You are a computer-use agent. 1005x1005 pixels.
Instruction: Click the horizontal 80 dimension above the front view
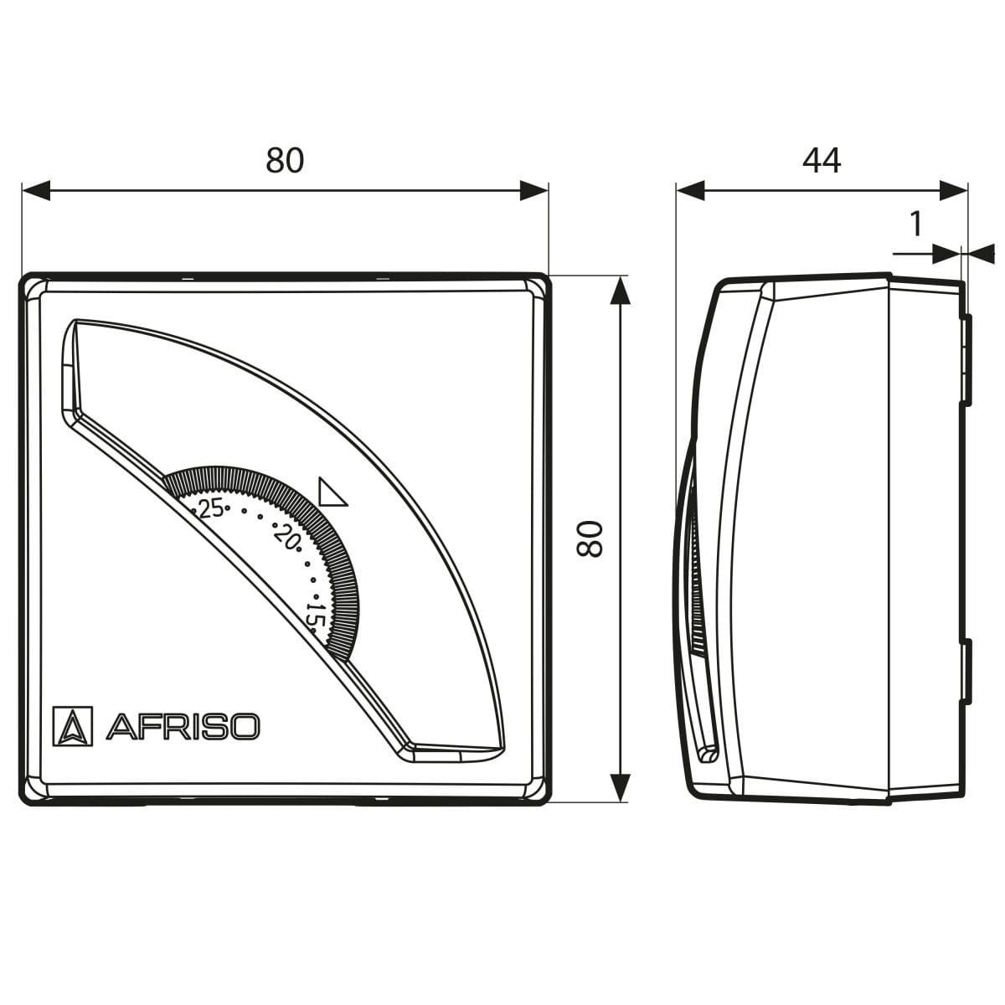pyautogui.click(x=285, y=161)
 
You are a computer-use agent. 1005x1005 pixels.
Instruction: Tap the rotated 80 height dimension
pyautogui.click(x=590, y=539)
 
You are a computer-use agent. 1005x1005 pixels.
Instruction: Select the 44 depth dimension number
pyautogui.click(x=822, y=161)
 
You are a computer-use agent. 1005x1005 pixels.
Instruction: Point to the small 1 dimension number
pyautogui.click(x=915, y=224)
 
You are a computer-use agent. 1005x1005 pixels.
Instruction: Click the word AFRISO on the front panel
pyautogui.click(x=183, y=726)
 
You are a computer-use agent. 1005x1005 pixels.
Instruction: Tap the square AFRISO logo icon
pyautogui.click(x=73, y=726)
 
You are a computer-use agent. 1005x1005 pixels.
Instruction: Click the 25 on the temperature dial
pyautogui.click(x=211, y=508)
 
